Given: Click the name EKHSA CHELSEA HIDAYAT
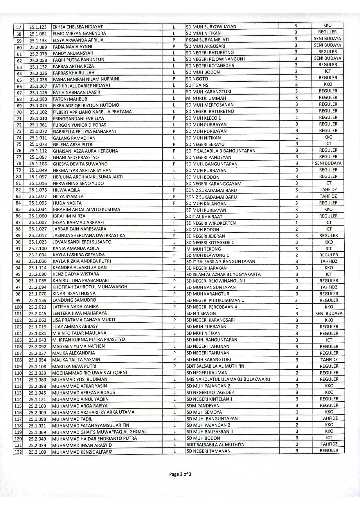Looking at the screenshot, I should point(78,27).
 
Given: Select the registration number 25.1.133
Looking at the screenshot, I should point(38,40).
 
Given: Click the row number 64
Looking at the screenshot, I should point(19,74).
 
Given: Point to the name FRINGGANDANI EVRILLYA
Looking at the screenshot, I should point(78,118).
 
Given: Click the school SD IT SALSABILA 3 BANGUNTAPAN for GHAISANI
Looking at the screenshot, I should point(221,151).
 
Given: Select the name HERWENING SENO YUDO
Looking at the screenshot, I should point(78,183).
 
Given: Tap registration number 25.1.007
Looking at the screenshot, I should point(38,223).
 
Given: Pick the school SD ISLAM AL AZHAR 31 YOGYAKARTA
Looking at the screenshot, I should point(223,274).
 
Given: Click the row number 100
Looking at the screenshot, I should point(18,307).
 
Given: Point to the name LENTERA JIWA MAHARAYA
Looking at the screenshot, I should point(79,313).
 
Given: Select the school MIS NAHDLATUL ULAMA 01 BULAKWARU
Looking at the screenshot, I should point(228,379).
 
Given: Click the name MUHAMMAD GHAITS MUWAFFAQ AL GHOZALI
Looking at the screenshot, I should point(100,432).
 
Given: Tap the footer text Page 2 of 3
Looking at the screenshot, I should point(180,474).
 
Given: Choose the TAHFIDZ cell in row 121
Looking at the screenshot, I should point(329,444).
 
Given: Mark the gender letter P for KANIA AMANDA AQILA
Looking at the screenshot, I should point(174,249).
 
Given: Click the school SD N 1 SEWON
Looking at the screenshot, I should point(201,314).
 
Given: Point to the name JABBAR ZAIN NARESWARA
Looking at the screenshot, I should point(79,229).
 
